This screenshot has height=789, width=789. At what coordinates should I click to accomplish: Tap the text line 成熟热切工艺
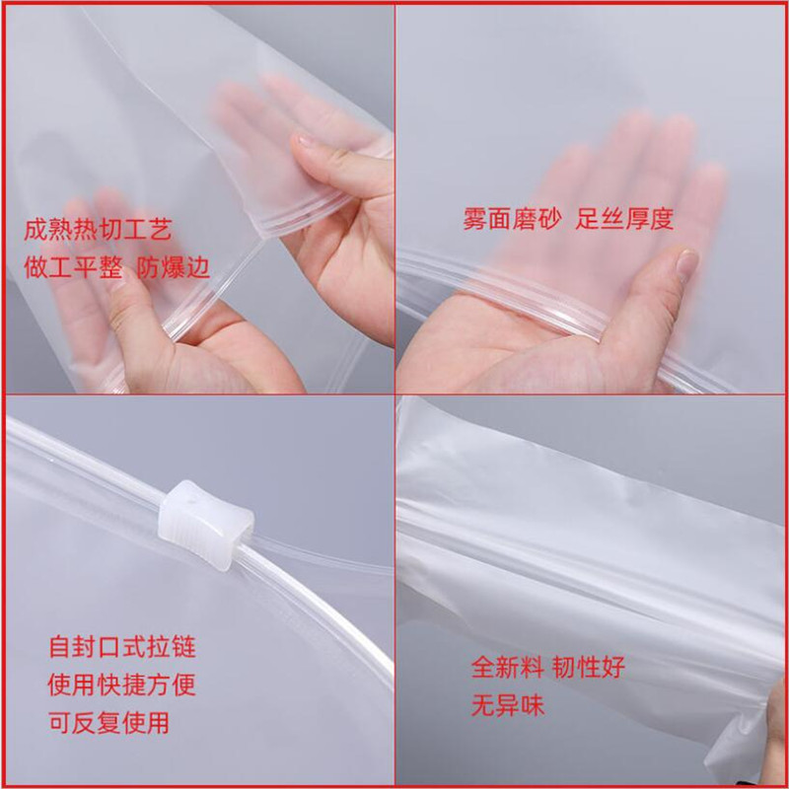[98, 231]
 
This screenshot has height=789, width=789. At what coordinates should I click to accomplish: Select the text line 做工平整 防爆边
[117, 267]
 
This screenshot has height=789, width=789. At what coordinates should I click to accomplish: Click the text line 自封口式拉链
[122, 648]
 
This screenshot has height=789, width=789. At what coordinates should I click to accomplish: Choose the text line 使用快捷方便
[122, 684]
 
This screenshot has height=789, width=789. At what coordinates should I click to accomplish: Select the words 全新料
[508, 668]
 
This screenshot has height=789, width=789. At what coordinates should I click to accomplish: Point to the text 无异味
[508, 705]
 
